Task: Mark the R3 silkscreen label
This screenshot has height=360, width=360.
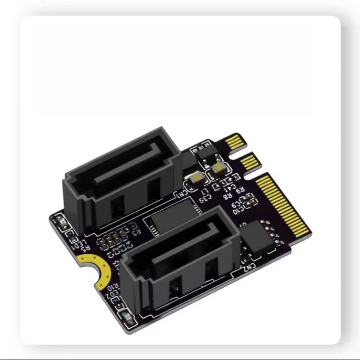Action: tap(138, 230)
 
